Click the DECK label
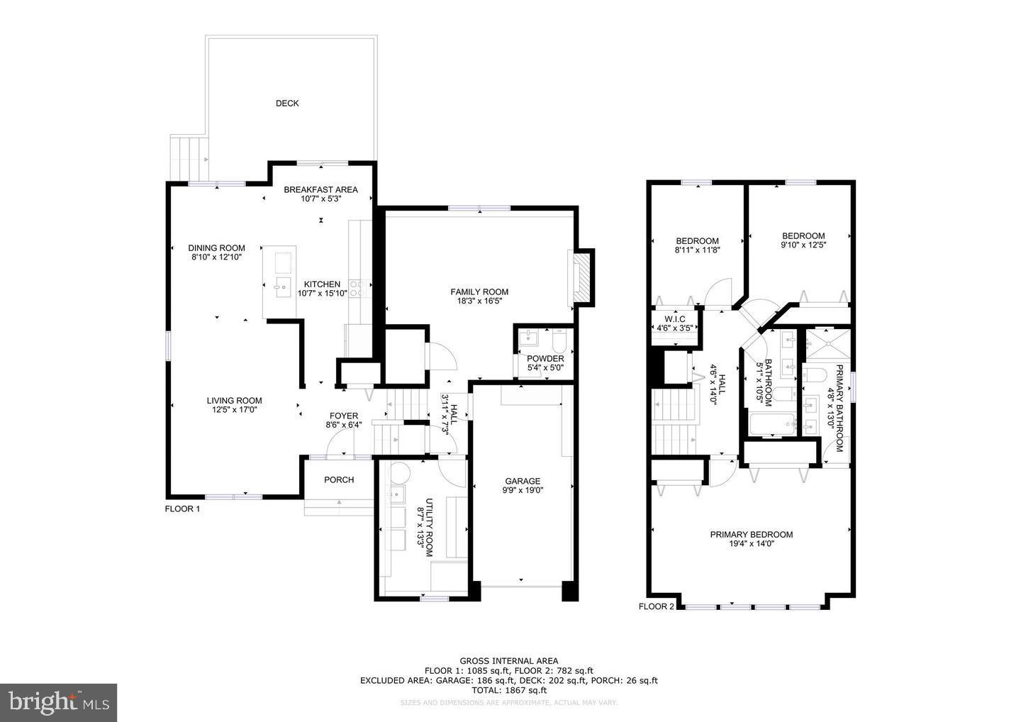click(287, 104)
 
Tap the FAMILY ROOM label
click(479, 291)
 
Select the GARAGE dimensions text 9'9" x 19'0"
click(523, 490)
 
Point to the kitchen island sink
click(282, 288)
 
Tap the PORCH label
click(339, 480)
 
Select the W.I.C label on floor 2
click(674, 318)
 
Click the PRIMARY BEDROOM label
click(752, 535)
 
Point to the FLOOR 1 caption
click(183, 509)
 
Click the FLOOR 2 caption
click(657, 606)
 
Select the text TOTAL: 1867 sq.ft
click(508, 690)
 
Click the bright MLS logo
click(58, 703)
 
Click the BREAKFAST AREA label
click(320, 189)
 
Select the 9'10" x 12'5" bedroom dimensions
click(803, 245)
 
